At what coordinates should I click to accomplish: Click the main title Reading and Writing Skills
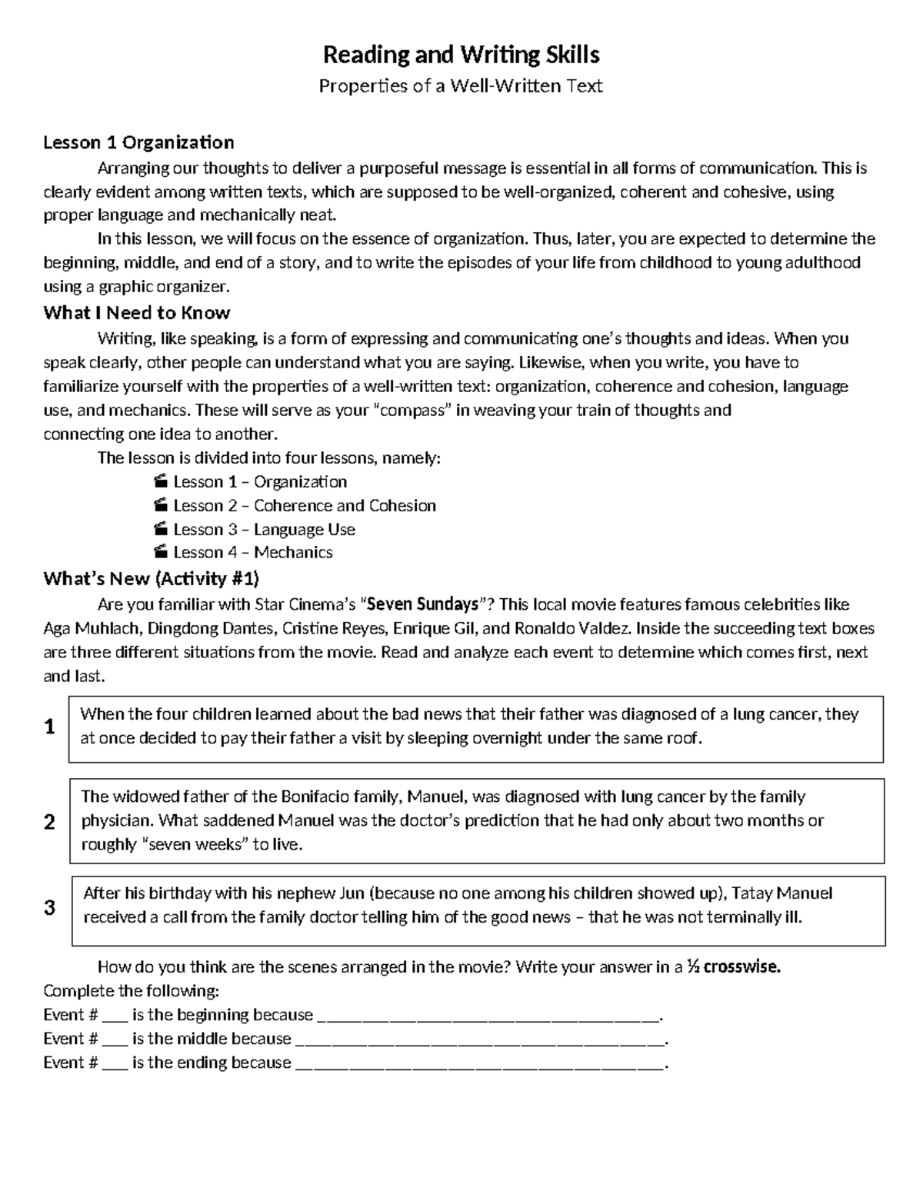click(x=461, y=55)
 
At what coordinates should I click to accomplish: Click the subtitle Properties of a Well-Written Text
click(x=461, y=86)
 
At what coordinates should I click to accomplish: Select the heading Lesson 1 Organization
click(x=138, y=142)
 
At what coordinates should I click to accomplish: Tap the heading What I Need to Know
click(x=137, y=313)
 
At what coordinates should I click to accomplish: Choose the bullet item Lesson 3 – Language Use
click(x=264, y=530)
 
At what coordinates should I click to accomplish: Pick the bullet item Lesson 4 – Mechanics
click(x=252, y=553)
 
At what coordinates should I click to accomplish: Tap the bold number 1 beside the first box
click(x=50, y=727)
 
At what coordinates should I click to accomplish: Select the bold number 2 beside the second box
click(x=50, y=823)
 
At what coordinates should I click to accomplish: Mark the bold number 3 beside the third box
click(x=50, y=908)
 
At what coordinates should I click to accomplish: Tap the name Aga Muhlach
click(x=91, y=629)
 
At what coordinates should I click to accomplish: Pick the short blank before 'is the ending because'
click(x=115, y=1063)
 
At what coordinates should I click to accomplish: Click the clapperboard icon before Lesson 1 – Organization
click(x=160, y=482)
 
